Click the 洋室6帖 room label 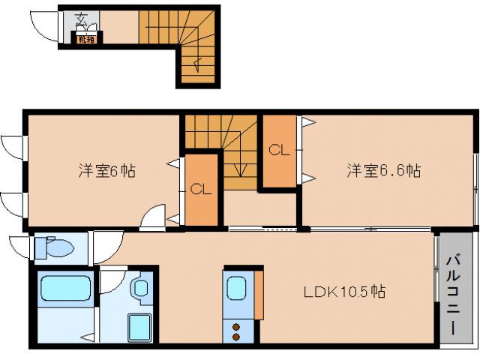tap(107, 171)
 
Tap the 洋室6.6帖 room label tap(383, 171)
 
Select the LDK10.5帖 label tap(345, 292)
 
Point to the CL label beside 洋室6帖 tap(200, 189)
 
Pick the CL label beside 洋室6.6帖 tap(279, 150)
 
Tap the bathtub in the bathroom tap(65, 289)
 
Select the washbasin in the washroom tap(140, 288)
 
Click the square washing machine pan tap(140, 326)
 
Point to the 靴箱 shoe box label tap(87, 40)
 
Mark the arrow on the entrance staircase tap(196, 64)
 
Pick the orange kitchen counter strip tap(259, 294)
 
